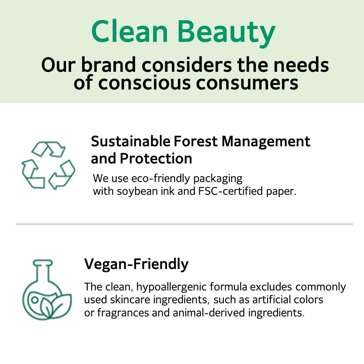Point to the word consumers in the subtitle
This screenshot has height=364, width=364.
click(247, 83)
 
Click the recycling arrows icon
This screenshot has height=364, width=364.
click(48, 165)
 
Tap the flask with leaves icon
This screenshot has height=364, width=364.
click(47, 290)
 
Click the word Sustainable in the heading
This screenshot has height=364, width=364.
click(131, 141)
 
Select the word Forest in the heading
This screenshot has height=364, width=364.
click(196, 141)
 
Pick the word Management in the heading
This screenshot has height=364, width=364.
click(266, 142)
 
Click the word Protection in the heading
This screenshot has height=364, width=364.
click(156, 158)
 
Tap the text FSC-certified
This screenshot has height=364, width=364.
click(231, 191)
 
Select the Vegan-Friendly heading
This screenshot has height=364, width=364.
click(136, 265)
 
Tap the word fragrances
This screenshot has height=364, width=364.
click(123, 313)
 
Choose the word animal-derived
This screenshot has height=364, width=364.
click(209, 312)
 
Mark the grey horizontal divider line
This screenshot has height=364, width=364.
click(184, 224)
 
